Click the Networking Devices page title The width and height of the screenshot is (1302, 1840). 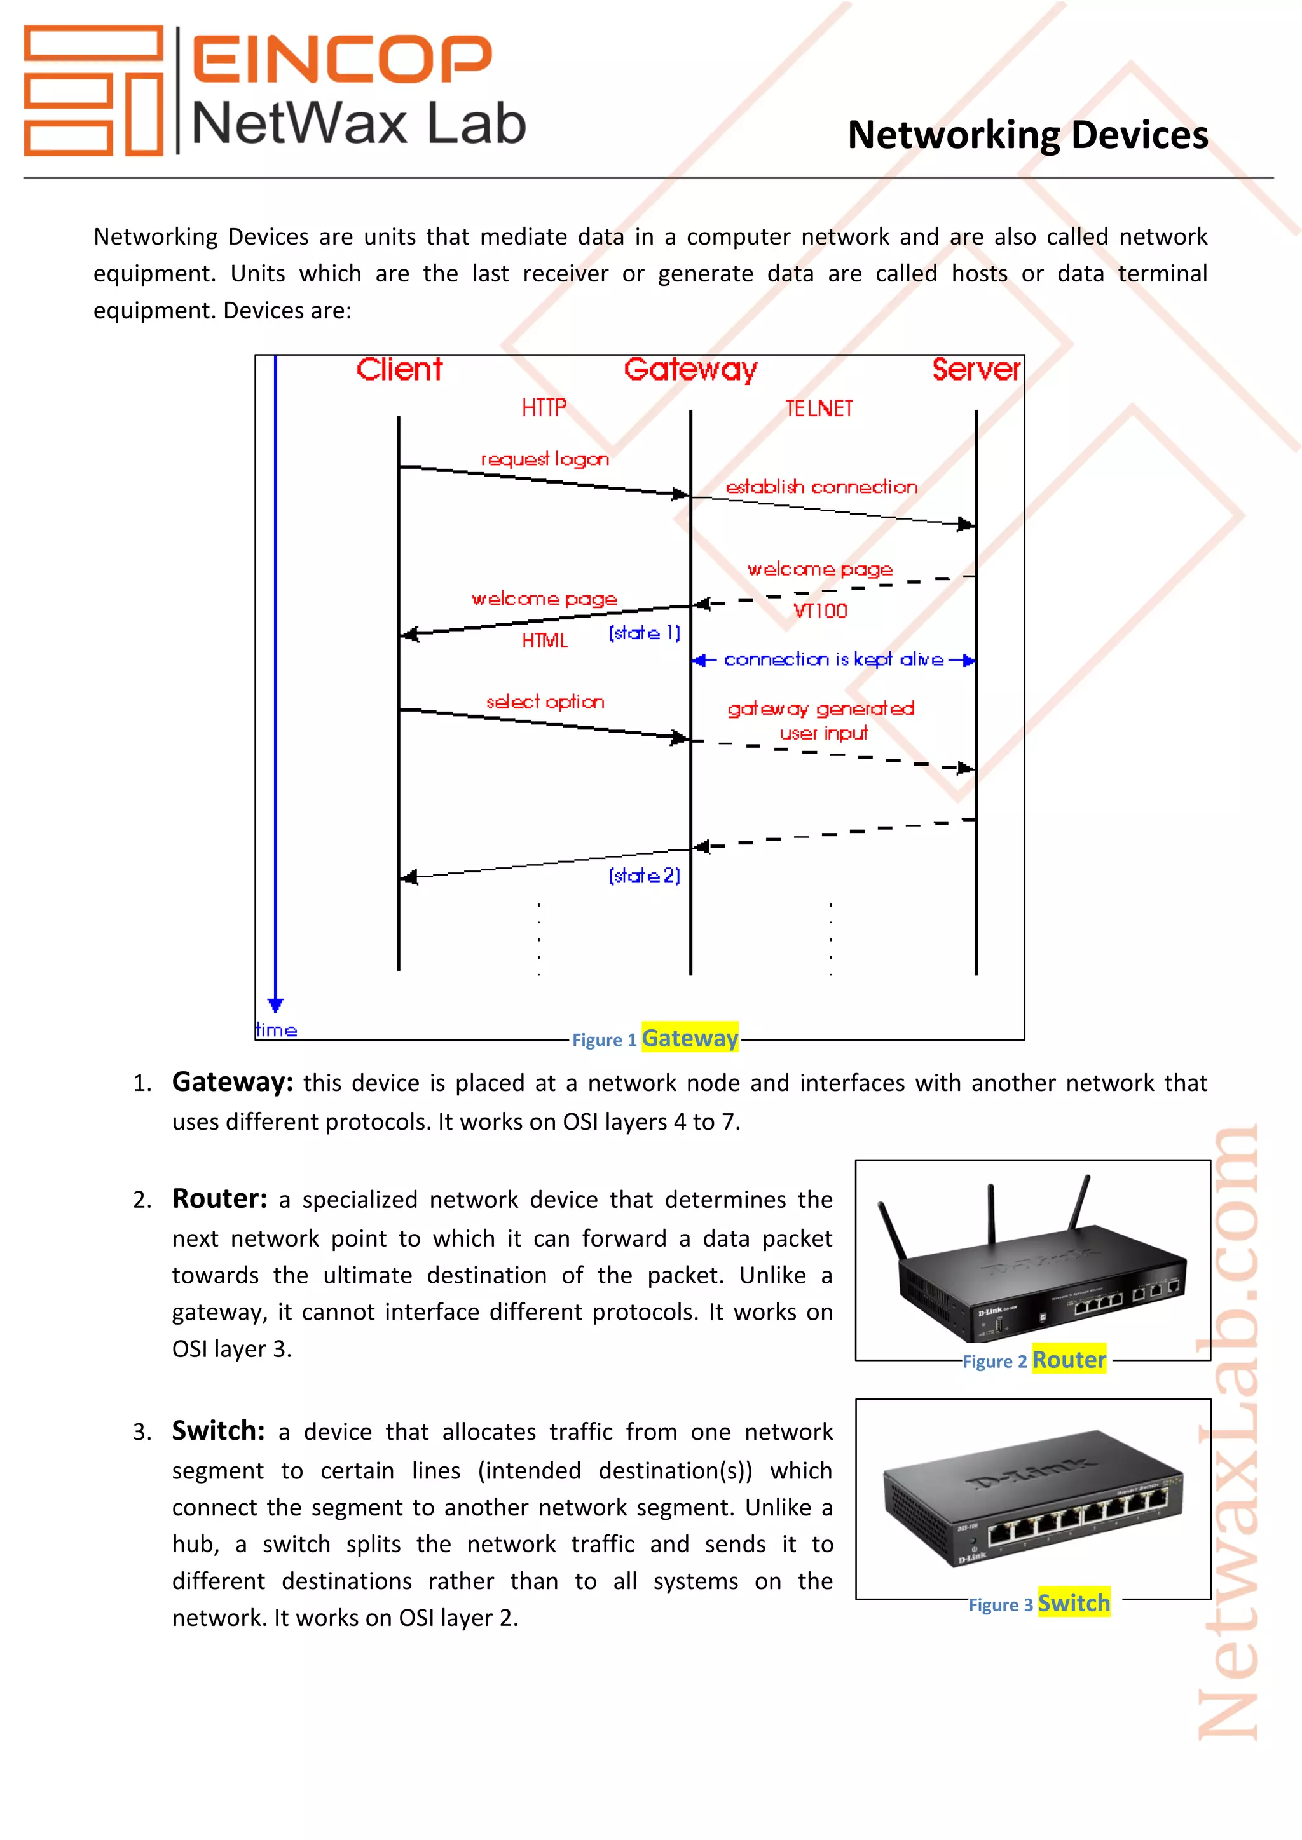[x=1028, y=135]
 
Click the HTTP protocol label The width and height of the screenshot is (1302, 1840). [x=544, y=408]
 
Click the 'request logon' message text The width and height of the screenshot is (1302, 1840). [x=544, y=459]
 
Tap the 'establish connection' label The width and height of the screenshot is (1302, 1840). [x=821, y=487]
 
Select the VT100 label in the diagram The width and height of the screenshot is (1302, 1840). [x=820, y=611]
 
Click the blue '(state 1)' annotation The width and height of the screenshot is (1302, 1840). [x=644, y=633]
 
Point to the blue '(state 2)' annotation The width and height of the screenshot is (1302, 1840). [x=644, y=875]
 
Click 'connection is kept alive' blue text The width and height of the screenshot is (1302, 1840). [x=834, y=660]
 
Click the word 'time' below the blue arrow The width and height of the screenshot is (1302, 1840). [x=276, y=1030]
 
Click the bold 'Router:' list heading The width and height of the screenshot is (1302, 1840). [x=219, y=1199]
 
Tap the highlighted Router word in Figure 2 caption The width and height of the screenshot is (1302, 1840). [x=1069, y=1360]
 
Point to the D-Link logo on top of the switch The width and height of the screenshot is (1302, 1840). [x=1034, y=1473]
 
